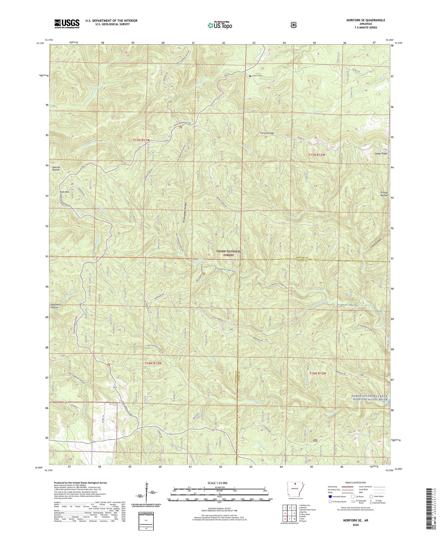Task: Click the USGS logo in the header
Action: click(67, 24)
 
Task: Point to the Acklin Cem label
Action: click(257, 76)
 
